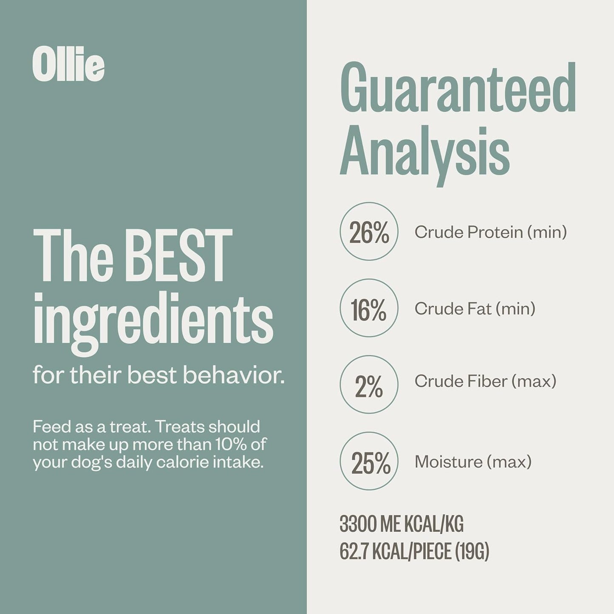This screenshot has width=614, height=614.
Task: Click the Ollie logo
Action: coord(68,66)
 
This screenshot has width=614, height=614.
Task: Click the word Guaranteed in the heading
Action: coord(458,88)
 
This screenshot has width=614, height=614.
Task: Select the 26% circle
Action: coord(369,232)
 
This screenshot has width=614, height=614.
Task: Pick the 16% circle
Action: coord(369,308)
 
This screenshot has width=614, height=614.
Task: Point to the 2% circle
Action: coord(369,385)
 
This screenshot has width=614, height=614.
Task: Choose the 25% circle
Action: coord(369,461)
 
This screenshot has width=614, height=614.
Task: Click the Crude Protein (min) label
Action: coord(490,232)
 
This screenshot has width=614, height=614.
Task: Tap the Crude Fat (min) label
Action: coord(475,308)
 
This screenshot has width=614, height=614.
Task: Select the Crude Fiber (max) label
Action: coord(485,381)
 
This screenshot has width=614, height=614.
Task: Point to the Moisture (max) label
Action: coord(473,461)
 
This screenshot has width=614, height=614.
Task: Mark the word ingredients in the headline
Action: coord(153,321)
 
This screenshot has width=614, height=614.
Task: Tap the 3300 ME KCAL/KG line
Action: coord(401,523)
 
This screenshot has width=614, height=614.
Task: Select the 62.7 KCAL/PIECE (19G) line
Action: coord(414,551)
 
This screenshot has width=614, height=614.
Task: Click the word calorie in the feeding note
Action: coord(180,462)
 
